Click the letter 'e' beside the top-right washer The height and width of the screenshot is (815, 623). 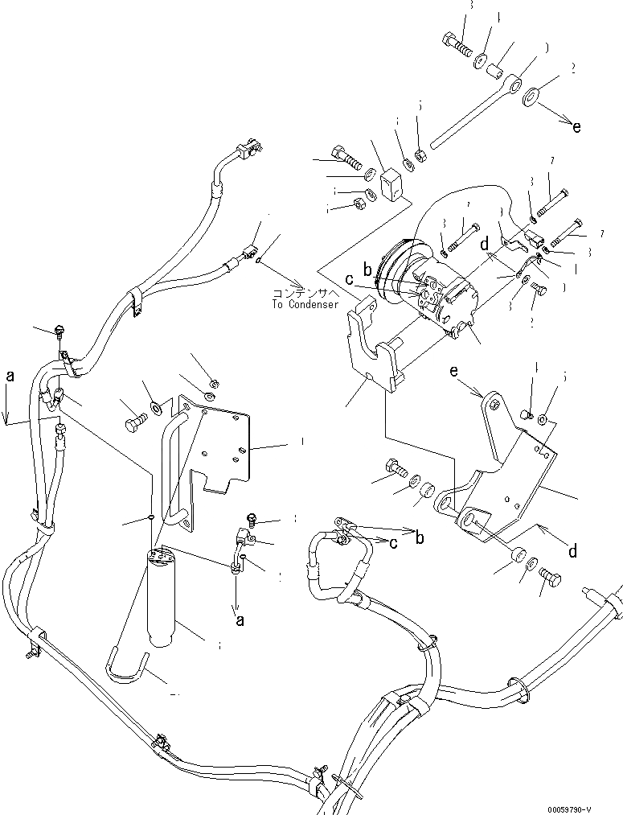(x=575, y=126)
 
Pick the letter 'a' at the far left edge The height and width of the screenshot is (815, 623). (x=10, y=375)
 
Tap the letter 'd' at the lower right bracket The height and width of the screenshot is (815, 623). (x=572, y=551)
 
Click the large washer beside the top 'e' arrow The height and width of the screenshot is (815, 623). (x=531, y=99)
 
